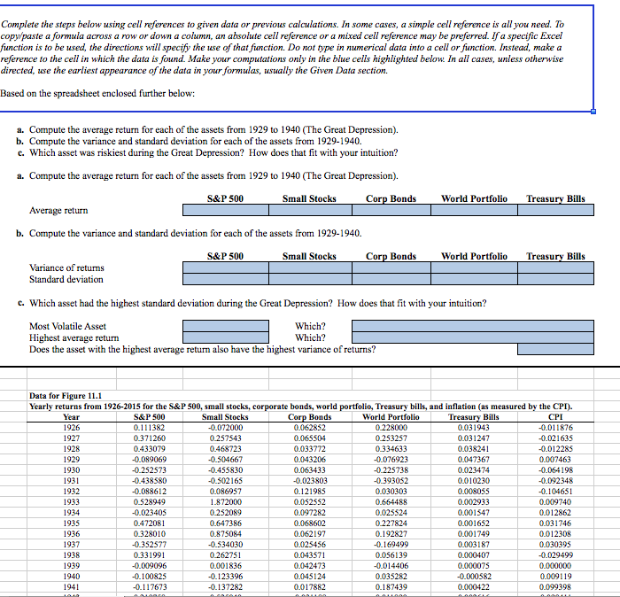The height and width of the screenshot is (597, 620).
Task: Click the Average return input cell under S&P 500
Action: coord(225,211)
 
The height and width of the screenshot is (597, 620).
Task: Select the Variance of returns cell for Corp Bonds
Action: coord(391,267)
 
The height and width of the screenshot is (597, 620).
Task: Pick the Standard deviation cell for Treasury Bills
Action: coord(555,280)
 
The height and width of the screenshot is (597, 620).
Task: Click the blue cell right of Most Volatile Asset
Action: coord(225,325)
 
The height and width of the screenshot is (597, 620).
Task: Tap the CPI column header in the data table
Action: coord(555,416)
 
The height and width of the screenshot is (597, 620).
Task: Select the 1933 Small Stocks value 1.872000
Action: coord(225,500)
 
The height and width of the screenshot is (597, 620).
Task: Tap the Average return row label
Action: coord(58,211)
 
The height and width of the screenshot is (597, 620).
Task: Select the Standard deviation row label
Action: coord(66,280)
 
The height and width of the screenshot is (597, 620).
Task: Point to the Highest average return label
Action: coord(74,337)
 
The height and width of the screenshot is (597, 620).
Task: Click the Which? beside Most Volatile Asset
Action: coord(310,325)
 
